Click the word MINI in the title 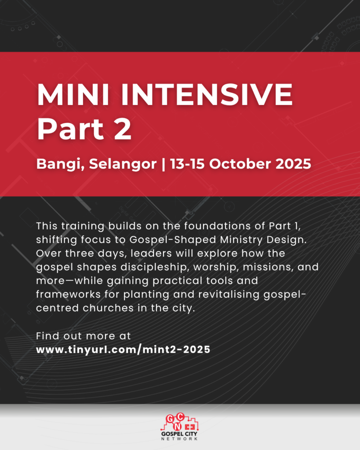tap(73, 95)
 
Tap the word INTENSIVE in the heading tap(207, 95)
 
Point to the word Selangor tap(123, 164)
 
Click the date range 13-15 tap(187, 164)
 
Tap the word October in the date tap(240, 164)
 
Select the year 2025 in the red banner tap(293, 164)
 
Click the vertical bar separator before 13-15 tap(164, 164)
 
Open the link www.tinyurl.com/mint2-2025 tap(123, 349)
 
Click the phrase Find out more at tap(83, 336)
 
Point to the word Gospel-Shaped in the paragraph tap(173, 240)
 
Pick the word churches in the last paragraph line tap(108, 308)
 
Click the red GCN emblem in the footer tap(179, 422)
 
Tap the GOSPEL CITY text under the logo tap(179, 434)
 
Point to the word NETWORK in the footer tap(179, 439)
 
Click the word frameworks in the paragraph tap(68, 295)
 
